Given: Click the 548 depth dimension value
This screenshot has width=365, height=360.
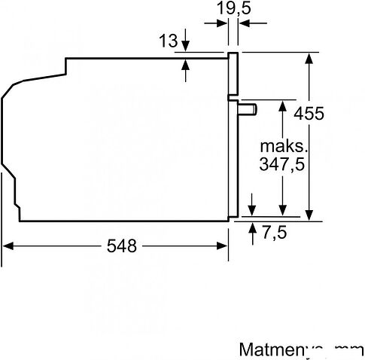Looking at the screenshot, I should pyautogui.click(x=121, y=246).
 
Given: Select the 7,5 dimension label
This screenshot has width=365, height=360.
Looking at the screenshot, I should pyautogui.click(x=275, y=233).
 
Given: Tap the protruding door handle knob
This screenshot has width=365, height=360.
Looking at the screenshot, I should pyautogui.click(x=249, y=110).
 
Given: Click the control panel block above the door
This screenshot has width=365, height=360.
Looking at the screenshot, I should pyautogui.click(x=234, y=76).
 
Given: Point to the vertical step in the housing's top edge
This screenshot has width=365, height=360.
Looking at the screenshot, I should pyautogui.click(x=66, y=66).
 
